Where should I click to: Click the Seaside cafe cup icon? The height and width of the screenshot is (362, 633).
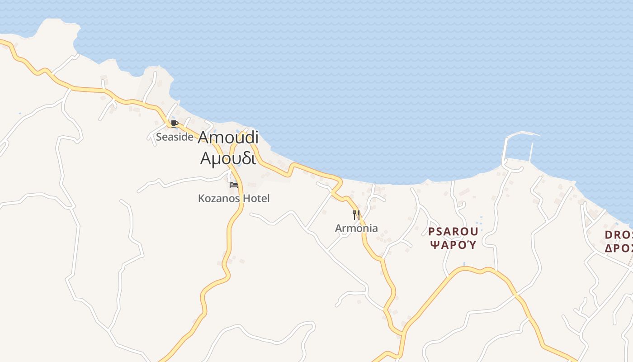175,124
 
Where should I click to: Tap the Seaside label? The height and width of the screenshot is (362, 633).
175,137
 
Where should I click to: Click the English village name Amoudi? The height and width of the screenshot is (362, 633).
228,138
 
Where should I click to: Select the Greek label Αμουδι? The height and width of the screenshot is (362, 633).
228,158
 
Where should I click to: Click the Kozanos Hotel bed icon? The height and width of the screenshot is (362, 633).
234,185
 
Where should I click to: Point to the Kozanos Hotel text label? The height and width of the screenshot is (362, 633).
234,198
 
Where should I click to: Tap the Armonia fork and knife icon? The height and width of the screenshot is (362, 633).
356,214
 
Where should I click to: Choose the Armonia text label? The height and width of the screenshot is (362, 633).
356,228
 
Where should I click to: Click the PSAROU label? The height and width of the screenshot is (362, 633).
453,232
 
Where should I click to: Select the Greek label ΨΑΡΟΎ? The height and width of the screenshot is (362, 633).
453,245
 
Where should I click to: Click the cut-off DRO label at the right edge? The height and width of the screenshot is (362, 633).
619,235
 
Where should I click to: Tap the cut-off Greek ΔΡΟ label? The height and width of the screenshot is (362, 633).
619,248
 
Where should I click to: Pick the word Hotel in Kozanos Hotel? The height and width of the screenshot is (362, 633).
256,198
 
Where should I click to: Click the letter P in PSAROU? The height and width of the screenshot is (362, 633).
431,232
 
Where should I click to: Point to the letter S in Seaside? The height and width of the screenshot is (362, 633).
159,137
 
